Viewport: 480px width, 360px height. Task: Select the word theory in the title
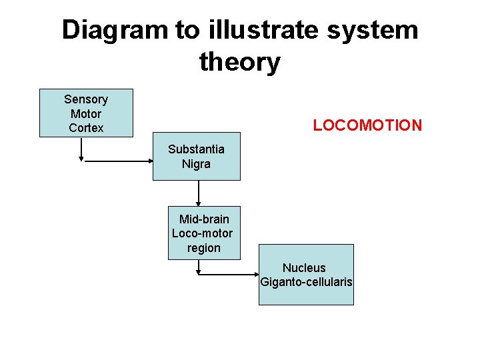[x=239, y=63]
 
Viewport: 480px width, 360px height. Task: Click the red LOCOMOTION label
[x=367, y=125]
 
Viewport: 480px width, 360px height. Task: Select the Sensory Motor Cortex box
[x=86, y=113]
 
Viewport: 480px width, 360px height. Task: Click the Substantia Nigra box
[x=196, y=157]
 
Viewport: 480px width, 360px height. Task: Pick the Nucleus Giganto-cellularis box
[x=306, y=275]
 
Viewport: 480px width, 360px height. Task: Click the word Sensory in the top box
[x=86, y=99]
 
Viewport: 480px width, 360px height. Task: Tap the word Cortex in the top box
[x=86, y=128]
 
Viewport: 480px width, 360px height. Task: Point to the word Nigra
[x=196, y=164]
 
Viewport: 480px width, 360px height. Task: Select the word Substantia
[x=196, y=149]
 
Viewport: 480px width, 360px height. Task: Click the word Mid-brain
[x=204, y=219]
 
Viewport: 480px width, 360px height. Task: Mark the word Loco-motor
[x=203, y=233]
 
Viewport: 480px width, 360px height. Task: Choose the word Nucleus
[x=304, y=268]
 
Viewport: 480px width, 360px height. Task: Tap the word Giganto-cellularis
[x=306, y=282]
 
